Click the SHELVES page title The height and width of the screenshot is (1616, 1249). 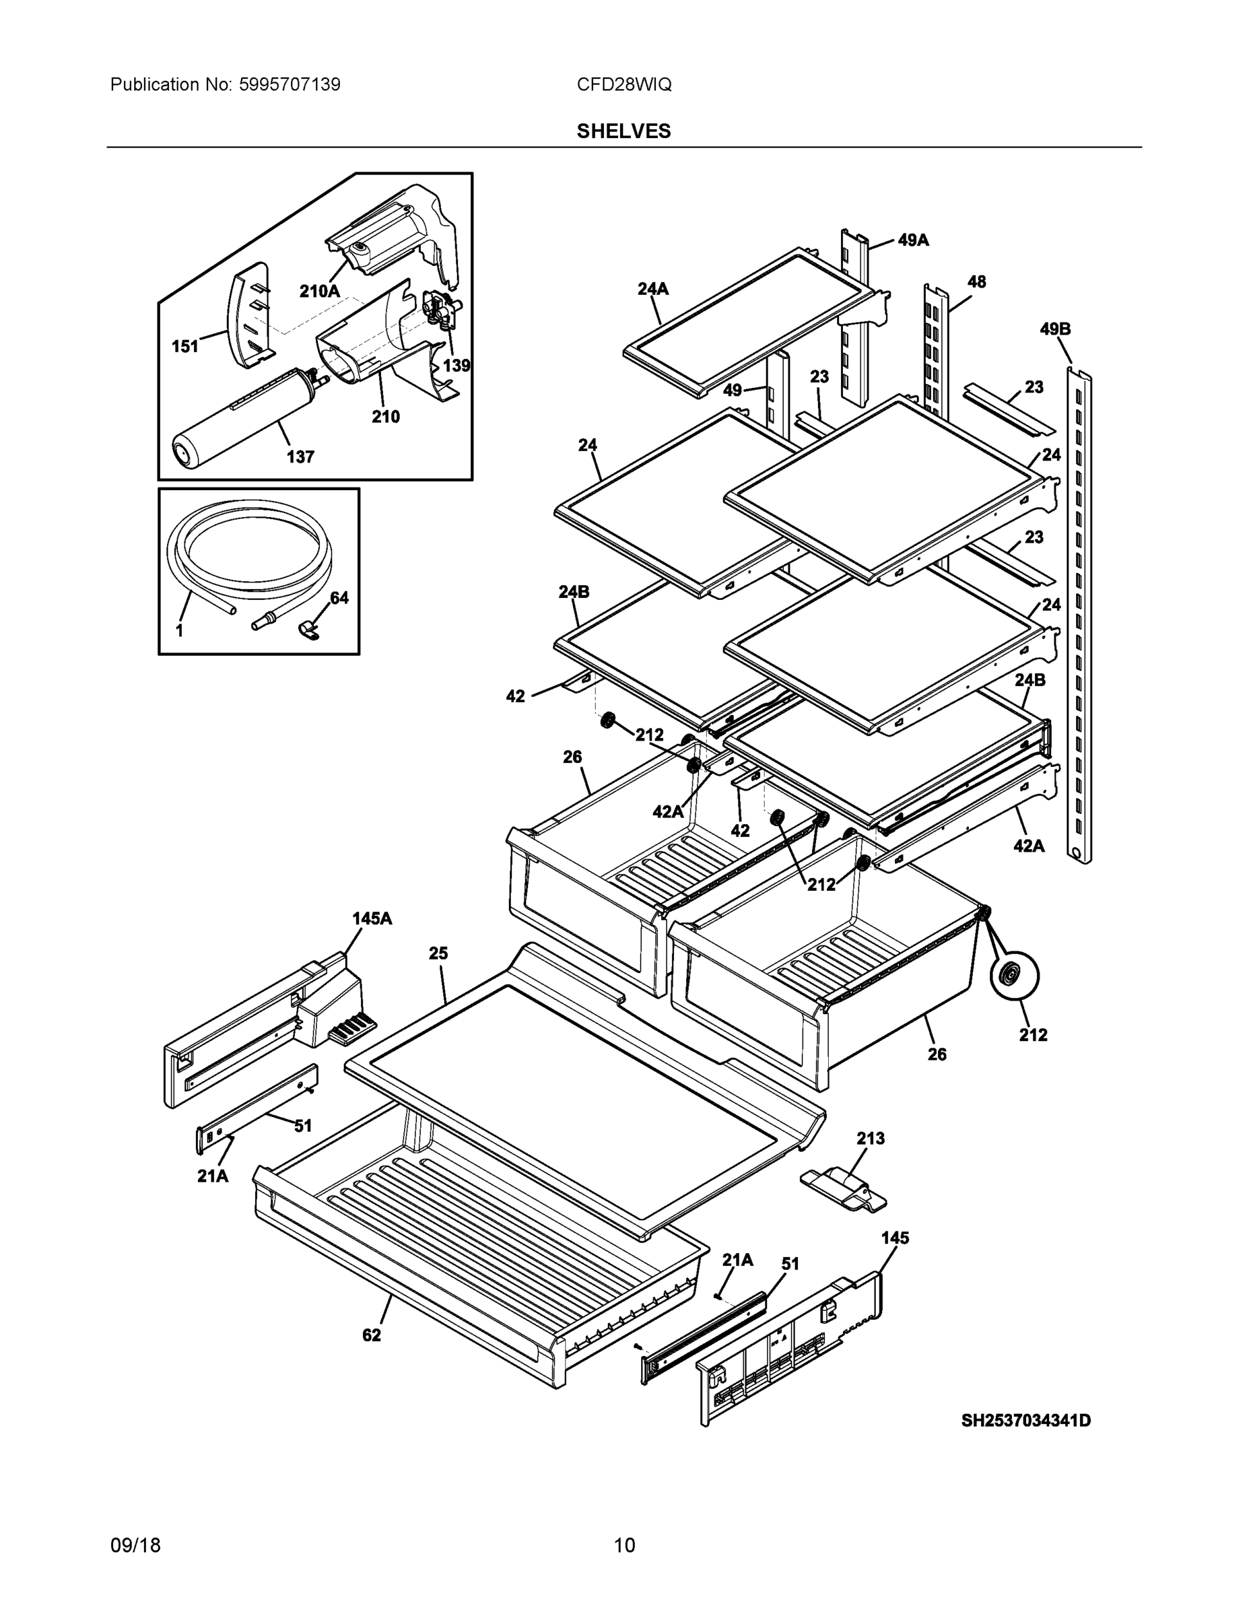pos(623,131)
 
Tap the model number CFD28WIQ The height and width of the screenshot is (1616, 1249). pos(623,84)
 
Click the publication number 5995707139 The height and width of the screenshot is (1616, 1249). pos(290,84)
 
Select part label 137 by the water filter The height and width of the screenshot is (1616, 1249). pos(300,457)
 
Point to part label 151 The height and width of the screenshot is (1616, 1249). pos(185,346)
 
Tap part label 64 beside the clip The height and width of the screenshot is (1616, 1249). pos(339,598)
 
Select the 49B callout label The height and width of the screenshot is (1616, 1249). pos(1055,329)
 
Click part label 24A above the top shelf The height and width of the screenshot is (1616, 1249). pos(652,290)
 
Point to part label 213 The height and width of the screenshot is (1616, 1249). pos(870,1138)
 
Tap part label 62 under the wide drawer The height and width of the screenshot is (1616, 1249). pos(372,1335)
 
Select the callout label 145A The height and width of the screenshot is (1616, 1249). pos(372,918)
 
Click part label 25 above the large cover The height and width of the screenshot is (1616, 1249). pos(439,953)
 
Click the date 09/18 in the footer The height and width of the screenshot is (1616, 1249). pos(135,1546)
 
